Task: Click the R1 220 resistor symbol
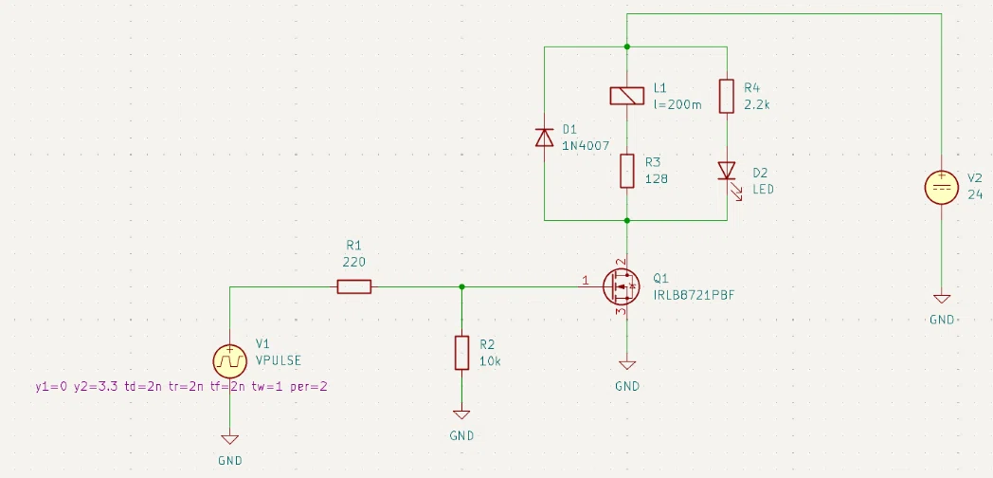pyautogui.click(x=354, y=287)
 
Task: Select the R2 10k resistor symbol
pyautogui.click(x=461, y=353)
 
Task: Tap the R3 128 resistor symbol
pyautogui.click(x=627, y=171)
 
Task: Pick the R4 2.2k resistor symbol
pyautogui.click(x=727, y=97)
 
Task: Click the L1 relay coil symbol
pyautogui.click(x=627, y=96)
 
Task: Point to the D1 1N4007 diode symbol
pyautogui.click(x=544, y=137)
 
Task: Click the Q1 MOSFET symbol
pyautogui.click(x=622, y=287)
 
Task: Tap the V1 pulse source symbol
pyautogui.click(x=230, y=361)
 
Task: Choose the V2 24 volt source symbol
pyautogui.click(x=941, y=188)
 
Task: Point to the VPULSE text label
pyautogui.click(x=279, y=360)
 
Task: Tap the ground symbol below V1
pyautogui.click(x=230, y=439)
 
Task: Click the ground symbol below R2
pyautogui.click(x=461, y=414)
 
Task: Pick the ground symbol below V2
pyautogui.click(x=942, y=300)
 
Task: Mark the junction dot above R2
pyautogui.click(x=461, y=287)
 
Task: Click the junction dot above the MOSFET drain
pyautogui.click(x=627, y=221)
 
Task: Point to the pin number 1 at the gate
pyautogui.click(x=586, y=280)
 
